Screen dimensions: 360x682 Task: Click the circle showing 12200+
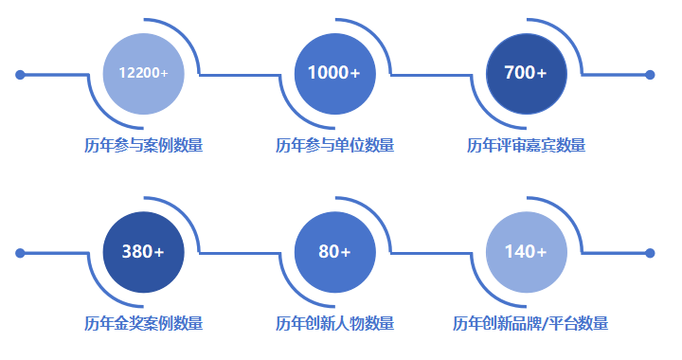[x=143, y=73]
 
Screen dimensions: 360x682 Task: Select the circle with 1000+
[x=334, y=73]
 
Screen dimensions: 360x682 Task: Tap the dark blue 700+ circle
[x=526, y=73]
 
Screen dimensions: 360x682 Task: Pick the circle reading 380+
[x=143, y=251]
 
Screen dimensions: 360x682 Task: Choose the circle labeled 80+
[x=334, y=251]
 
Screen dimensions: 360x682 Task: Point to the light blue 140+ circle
[x=526, y=251]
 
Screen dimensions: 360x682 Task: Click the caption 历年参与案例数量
[x=143, y=145]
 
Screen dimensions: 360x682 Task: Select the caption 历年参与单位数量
[x=334, y=145]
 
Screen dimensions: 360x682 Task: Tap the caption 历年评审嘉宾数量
[x=526, y=145]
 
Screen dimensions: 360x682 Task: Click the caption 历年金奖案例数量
[x=143, y=323]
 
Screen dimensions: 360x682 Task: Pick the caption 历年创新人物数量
[x=334, y=323]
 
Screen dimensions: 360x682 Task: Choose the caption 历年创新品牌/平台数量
[x=530, y=323]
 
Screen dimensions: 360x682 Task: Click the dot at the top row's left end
[x=20, y=74]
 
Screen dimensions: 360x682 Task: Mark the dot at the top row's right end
[x=650, y=74]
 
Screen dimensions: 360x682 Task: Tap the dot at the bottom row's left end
[x=20, y=253]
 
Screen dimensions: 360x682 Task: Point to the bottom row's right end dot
[x=650, y=253]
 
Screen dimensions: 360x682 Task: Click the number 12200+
[x=143, y=73]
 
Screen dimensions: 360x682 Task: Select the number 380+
[x=143, y=252]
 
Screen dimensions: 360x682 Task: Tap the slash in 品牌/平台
[x=547, y=324]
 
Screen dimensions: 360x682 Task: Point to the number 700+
[x=526, y=73]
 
